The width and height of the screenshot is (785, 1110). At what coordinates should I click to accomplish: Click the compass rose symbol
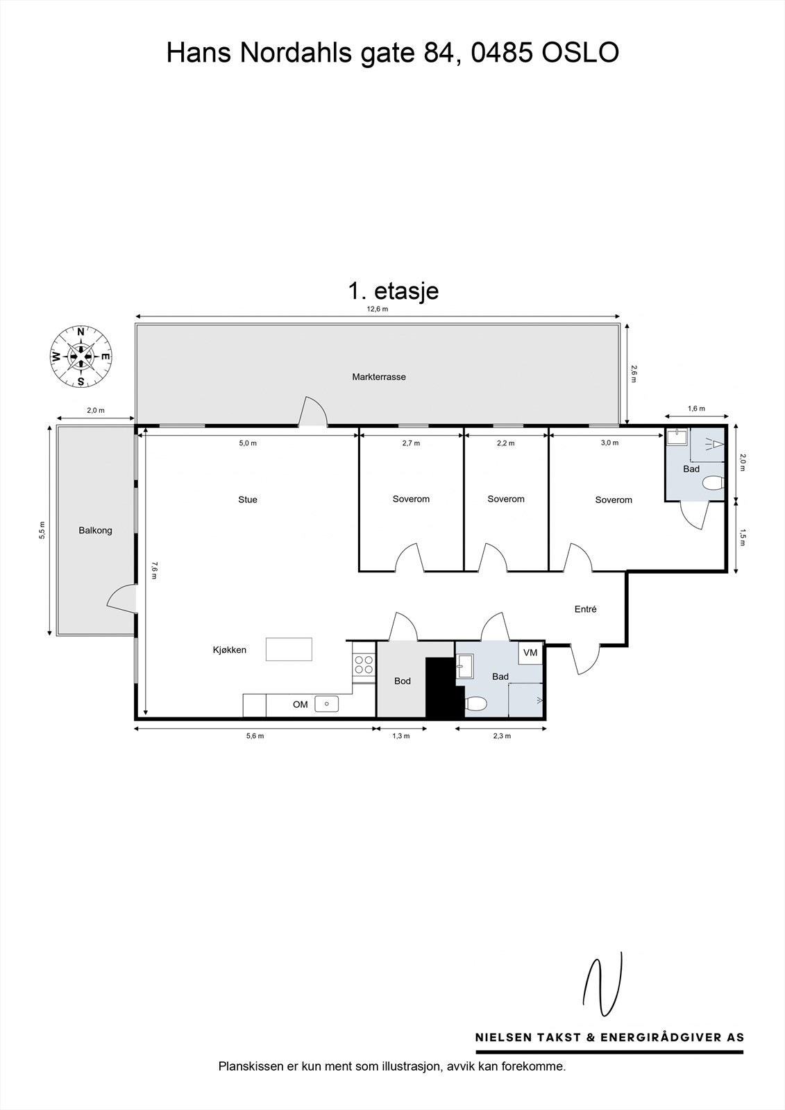click(81, 357)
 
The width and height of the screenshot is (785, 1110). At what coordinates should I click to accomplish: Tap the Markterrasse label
click(378, 377)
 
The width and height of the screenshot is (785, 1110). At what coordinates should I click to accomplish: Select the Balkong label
click(95, 531)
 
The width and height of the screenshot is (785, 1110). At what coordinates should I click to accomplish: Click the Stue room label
click(248, 499)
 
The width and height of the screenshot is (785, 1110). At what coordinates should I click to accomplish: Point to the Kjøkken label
click(230, 650)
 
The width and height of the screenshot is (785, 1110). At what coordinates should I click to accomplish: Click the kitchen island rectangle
click(289, 649)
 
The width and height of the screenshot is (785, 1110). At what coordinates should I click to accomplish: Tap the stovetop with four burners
click(363, 664)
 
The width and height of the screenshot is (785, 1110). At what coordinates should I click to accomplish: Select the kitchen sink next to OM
click(326, 704)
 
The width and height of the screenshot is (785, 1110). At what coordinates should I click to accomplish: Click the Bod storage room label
click(403, 681)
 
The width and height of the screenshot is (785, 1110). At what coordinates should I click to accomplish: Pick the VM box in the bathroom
click(530, 653)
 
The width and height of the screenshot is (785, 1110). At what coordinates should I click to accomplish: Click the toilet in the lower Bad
click(475, 704)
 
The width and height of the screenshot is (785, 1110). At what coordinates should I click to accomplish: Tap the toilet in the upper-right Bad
click(713, 483)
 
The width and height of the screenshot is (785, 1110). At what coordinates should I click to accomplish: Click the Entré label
click(585, 609)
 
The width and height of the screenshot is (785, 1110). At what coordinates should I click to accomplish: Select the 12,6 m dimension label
click(378, 309)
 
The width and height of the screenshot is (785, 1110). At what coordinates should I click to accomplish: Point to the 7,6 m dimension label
click(155, 570)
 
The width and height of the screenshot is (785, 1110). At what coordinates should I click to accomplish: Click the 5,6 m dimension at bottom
click(255, 736)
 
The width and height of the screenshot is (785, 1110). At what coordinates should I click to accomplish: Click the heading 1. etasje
click(393, 290)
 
